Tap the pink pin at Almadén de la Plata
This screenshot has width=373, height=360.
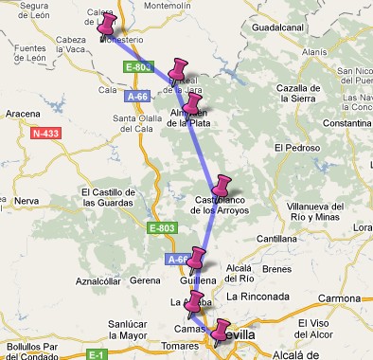click(x=193, y=103)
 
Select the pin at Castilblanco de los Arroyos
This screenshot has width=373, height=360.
click(x=222, y=185)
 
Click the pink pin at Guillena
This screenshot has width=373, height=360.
click(x=198, y=257)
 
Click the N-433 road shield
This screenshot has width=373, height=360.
click(x=45, y=134)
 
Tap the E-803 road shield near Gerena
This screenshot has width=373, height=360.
click(x=162, y=228)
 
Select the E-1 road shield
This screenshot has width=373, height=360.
click(x=95, y=354)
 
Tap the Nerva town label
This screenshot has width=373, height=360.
click(x=26, y=201)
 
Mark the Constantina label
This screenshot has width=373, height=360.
click(x=346, y=123)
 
